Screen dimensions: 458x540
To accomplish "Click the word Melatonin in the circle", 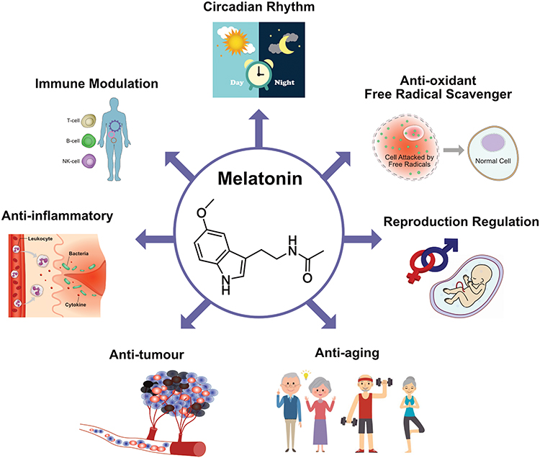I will [x=270, y=177].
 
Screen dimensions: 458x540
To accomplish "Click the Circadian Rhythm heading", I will [x=270, y=9].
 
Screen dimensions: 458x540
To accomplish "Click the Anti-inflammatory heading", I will [x=61, y=215].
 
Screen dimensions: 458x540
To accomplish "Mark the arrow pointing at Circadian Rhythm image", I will [x=270, y=114].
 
